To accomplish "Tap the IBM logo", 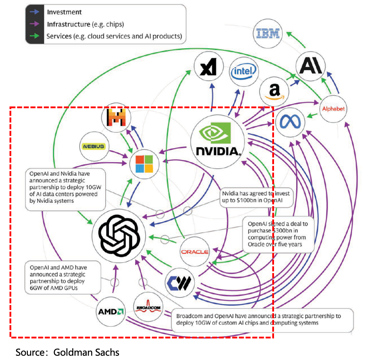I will point(268,34).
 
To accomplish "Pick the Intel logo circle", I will point(243,72).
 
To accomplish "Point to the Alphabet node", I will point(333,109).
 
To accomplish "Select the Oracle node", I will point(194,252).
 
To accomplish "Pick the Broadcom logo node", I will point(148,308).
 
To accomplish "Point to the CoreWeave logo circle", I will point(180,282).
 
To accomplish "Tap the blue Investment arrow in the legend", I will point(35,12).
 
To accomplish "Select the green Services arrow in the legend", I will point(35,36).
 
